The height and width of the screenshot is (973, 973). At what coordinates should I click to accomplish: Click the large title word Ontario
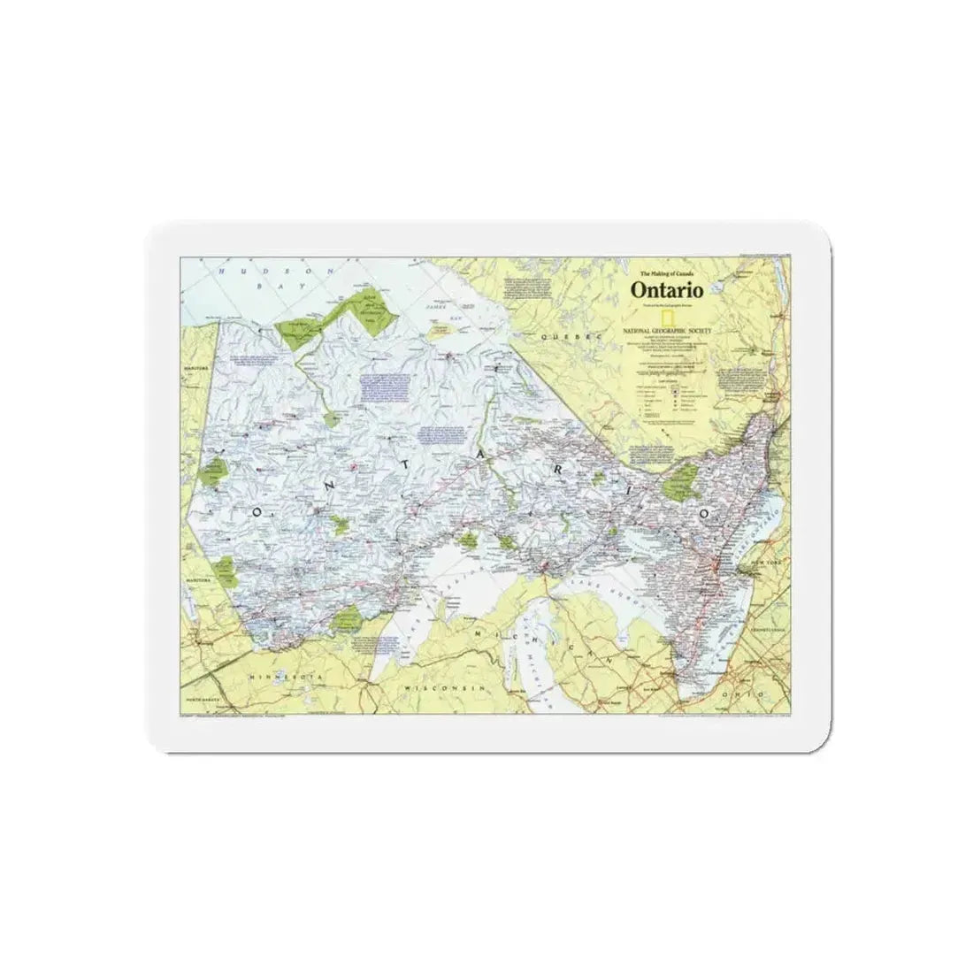coord(666,289)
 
